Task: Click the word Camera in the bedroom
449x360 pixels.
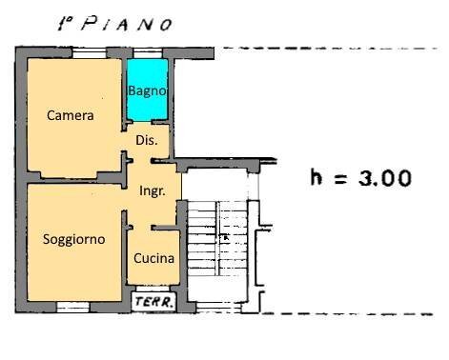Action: point(71,116)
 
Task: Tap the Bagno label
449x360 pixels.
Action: point(148,91)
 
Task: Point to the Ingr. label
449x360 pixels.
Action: point(153,190)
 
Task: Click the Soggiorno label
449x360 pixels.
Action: point(73,239)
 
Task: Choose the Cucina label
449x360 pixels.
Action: point(153,258)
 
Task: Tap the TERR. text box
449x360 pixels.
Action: point(153,303)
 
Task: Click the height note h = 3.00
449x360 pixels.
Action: point(361,177)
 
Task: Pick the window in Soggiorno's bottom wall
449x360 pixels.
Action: point(73,307)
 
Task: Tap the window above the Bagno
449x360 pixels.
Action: point(148,53)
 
